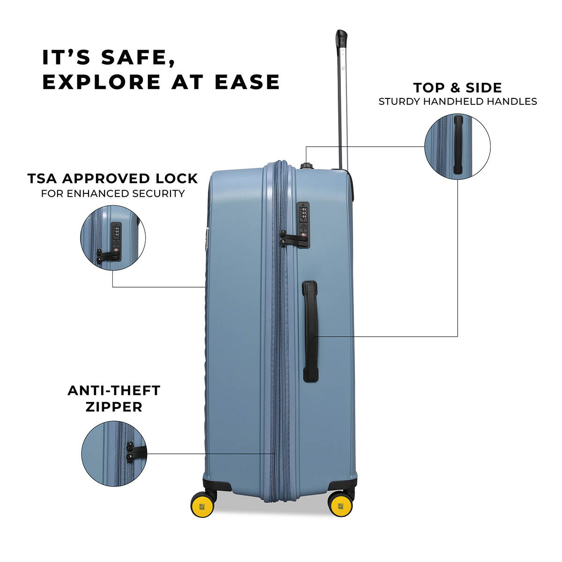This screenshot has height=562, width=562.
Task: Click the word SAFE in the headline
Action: pyautogui.click(x=138, y=58)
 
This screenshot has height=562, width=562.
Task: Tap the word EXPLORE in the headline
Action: pyautogui.click(x=101, y=82)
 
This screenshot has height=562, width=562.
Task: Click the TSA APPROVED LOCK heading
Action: pyautogui.click(x=112, y=178)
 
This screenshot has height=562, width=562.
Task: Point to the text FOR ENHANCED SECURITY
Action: pyautogui.click(x=113, y=193)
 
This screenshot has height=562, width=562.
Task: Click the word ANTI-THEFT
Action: pyautogui.click(x=114, y=391)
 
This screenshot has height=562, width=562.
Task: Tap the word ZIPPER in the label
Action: pyautogui.click(x=114, y=407)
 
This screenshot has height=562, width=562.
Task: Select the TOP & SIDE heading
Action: pyautogui.click(x=458, y=88)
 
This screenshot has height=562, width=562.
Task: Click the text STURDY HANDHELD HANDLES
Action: pyautogui.click(x=458, y=102)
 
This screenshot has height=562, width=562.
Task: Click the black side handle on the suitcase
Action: pyautogui.click(x=311, y=332)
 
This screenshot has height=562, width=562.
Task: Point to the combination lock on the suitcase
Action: pyautogui.click(x=303, y=225)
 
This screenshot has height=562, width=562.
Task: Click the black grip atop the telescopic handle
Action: pyautogui.click(x=341, y=40)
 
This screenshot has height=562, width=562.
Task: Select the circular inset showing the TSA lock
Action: pyautogui.click(x=113, y=238)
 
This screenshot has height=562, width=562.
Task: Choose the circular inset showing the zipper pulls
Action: pyautogui.click(x=114, y=453)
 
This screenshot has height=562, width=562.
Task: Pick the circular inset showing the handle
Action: pyautogui.click(x=458, y=146)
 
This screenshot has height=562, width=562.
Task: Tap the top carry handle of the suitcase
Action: pyautogui.click(x=307, y=166)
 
